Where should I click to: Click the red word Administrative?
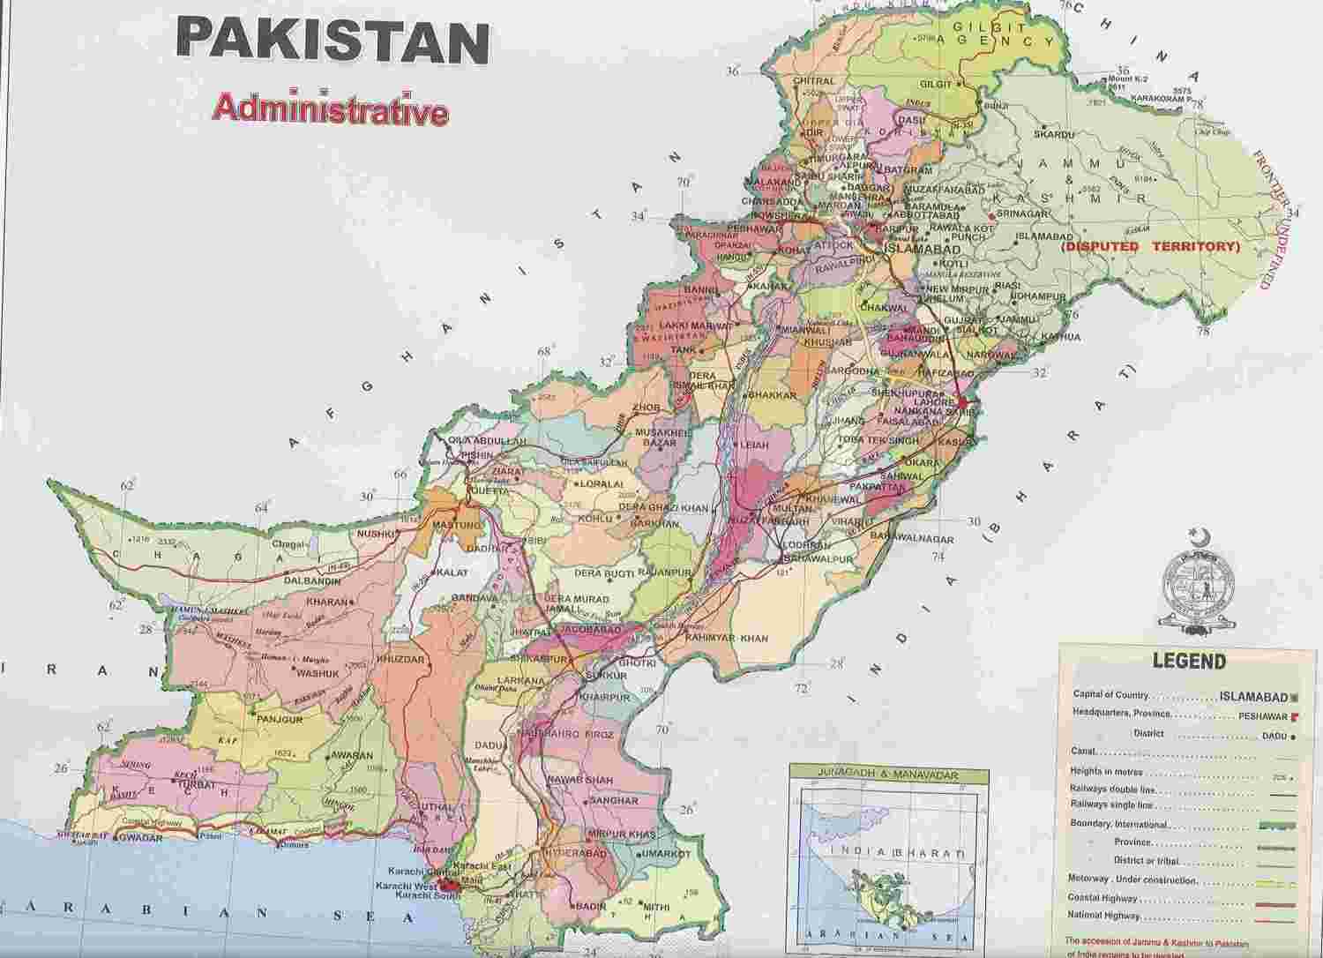tap(330, 112)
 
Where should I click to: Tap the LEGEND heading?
tap(1188, 662)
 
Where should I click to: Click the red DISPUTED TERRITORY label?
tap(1151, 247)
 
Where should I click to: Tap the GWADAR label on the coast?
tap(140, 839)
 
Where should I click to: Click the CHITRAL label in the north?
tap(813, 81)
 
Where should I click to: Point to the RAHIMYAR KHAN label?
tap(727, 638)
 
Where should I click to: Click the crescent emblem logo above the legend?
tap(1200, 582)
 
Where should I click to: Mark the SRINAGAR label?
tap(1021, 214)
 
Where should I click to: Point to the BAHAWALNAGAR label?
tap(912, 537)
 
